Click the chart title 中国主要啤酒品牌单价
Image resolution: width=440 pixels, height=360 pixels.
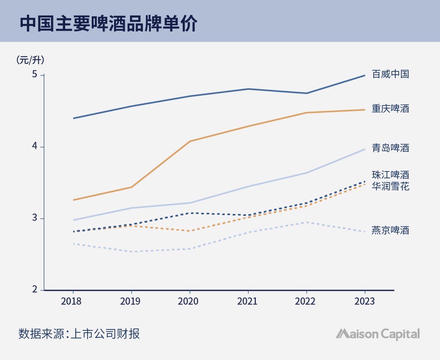[x=108, y=24]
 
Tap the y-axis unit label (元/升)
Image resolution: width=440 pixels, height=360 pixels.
[x=30, y=60]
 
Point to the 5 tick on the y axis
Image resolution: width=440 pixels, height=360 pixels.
[x=34, y=75]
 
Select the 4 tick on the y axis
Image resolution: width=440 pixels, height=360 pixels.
[x=34, y=147]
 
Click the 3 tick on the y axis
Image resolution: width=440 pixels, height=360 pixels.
[x=34, y=219]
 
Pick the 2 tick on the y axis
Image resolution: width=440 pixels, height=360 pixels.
[x=34, y=290]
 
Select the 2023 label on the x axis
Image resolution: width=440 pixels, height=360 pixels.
[x=364, y=301]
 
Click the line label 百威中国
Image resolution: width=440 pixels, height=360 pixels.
[x=390, y=74]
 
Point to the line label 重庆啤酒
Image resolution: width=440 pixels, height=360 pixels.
[x=390, y=109]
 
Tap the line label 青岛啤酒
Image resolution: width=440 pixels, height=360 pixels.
[x=390, y=148]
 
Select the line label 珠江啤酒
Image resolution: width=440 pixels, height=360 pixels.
[x=390, y=175]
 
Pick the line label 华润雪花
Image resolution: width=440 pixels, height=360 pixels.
[x=390, y=186]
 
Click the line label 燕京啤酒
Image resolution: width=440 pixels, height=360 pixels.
[x=390, y=230]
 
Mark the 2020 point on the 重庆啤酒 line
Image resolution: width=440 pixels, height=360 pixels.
[x=190, y=141]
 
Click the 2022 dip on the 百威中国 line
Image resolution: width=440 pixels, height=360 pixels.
[x=307, y=93]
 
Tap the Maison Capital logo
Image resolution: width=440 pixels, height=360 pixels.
[x=378, y=334]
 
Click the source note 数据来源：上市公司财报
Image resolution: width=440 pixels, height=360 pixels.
[x=79, y=334]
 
